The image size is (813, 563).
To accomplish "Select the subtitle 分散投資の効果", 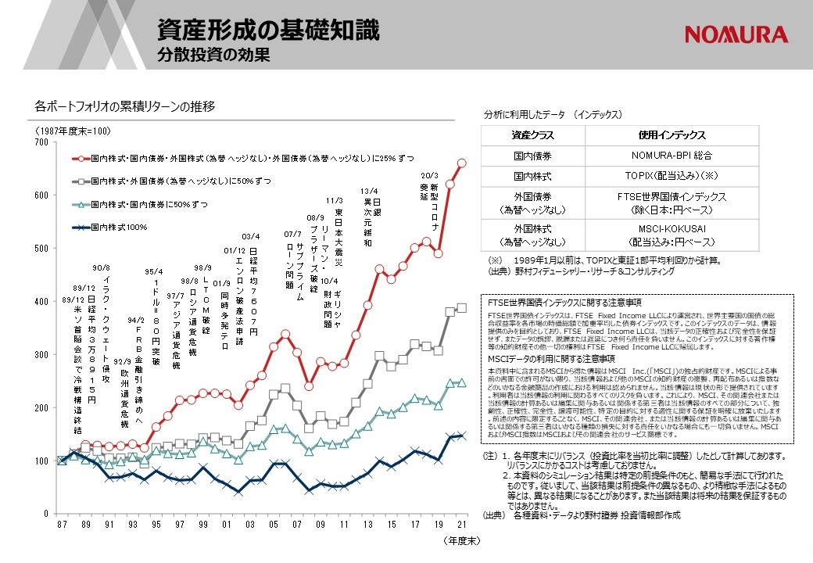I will tap(213, 56).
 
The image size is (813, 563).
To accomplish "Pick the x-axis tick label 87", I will tap(62, 524).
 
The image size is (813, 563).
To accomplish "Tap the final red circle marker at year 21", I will tap(461, 163).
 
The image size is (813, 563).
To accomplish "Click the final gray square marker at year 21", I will tap(461, 307).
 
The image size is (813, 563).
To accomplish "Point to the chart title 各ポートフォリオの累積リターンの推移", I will tap(125, 106).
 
